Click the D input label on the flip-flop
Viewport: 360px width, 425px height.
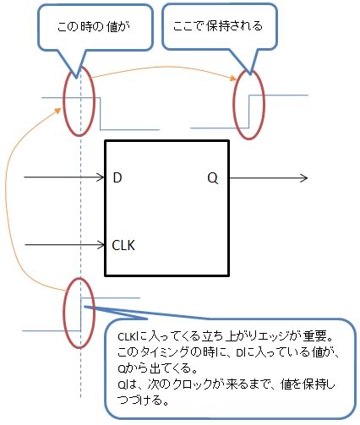(117, 177)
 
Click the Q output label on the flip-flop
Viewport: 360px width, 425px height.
(212, 177)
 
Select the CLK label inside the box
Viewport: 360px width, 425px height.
(124, 245)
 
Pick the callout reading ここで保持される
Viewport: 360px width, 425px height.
(214, 25)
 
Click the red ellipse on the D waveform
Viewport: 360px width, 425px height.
(77, 106)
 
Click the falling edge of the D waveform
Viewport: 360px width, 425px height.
(101, 113)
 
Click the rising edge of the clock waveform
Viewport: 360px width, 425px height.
(79, 313)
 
